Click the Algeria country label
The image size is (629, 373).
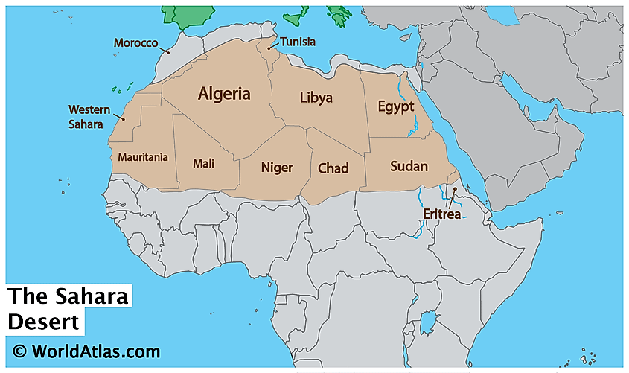pos(224,94)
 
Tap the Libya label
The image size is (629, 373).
pos(316,98)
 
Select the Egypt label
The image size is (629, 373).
pos(395,106)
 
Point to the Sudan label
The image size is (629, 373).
pos(409,166)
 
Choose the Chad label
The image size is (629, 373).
pos(333,168)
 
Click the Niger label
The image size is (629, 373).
pos(276,168)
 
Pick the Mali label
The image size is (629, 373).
pos(203,163)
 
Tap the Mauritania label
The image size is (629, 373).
pos(143,157)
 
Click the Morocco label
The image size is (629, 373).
pos(135,43)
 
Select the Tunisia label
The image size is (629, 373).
pos(298,42)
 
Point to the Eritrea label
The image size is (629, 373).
pos(442,214)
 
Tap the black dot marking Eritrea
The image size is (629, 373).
pos(455,189)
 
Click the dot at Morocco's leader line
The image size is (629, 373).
pos(169,53)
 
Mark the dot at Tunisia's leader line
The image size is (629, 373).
pos(269,48)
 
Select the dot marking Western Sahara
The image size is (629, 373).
pos(124,119)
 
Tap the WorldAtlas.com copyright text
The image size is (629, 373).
pos(86,351)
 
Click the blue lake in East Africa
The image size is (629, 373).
pos(428,322)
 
